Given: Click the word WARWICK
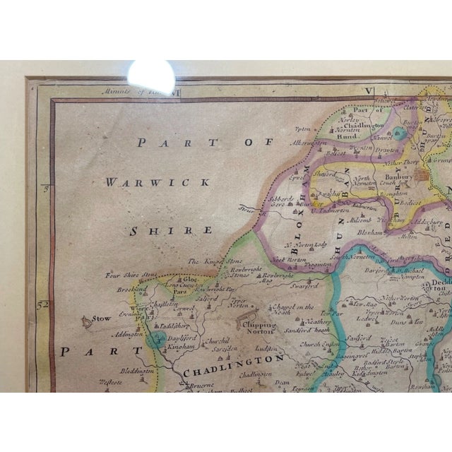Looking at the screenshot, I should coord(157,182).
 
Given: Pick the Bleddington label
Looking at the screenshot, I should coord(129,370).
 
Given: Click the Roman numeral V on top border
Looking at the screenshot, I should coord(367,90).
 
